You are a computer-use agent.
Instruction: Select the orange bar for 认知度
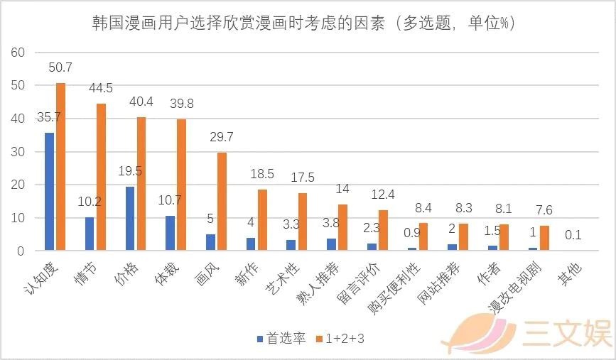coord(60,167)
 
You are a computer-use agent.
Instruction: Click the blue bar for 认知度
coord(49,192)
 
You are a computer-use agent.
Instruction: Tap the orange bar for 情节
coord(101,177)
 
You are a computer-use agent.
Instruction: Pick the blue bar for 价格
coord(130,219)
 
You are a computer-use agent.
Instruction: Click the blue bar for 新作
coord(251,244)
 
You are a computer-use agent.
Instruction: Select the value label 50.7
coord(60,68)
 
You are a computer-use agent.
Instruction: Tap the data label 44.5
coord(101,89)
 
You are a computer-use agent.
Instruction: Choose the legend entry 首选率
coord(282,339)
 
